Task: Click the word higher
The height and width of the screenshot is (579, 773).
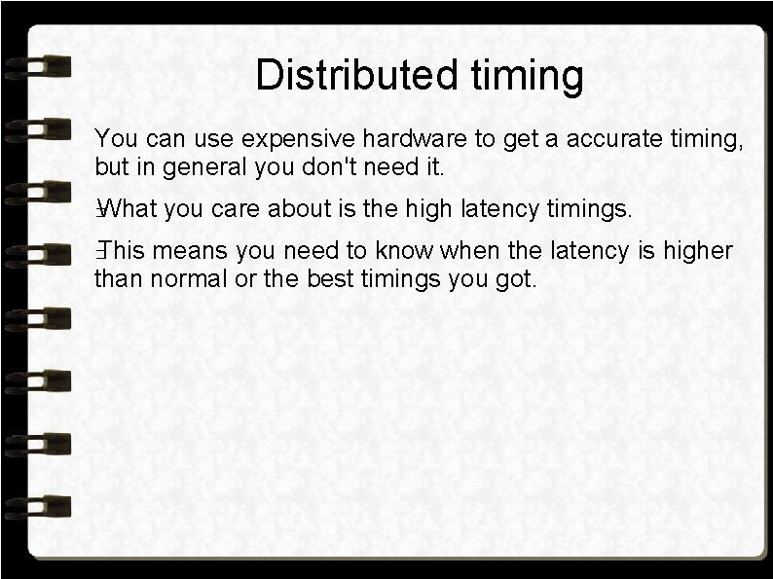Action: coord(697,252)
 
